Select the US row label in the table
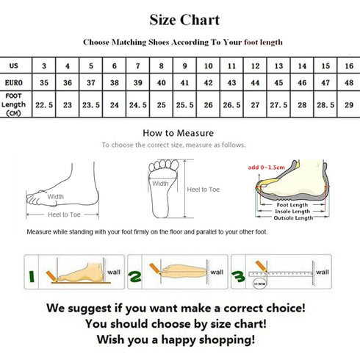(x=15, y=65)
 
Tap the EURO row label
(x=15, y=84)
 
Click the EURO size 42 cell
(x=207, y=84)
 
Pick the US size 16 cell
(x=347, y=65)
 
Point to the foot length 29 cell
(x=347, y=104)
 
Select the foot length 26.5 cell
(x=231, y=104)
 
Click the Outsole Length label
(x=293, y=218)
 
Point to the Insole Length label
(x=293, y=211)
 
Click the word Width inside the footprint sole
(x=160, y=184)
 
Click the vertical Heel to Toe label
(x=202, y=189)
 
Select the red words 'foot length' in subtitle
(x=259, y=43)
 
